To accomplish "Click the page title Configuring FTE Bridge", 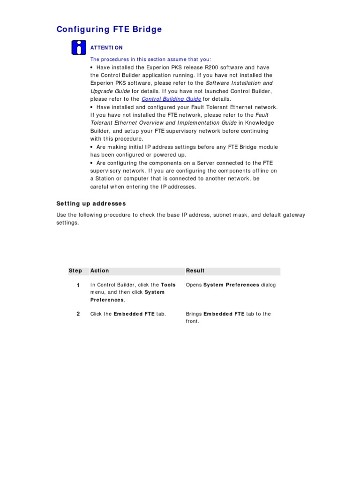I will [x=109, y=30].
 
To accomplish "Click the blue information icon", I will [x=79, y=48].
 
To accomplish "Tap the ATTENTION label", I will [x=106, y=48].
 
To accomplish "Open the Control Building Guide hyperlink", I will [x=171, y=99].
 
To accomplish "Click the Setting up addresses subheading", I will [x=91, y=203].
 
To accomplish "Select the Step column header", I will [x=75, y=271].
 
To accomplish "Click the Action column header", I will [x=99, y=271].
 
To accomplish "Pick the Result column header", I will [x=195, y=271].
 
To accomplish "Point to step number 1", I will [x=78, y=285].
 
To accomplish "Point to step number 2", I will [x=78, y=314].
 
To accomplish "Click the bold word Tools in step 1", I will [x=168, y=285].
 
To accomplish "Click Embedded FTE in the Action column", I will [x=134, y=314].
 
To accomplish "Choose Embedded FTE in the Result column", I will [x=224, y=314].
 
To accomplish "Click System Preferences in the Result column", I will [x=231, y=285].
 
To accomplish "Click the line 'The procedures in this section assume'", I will [x=150, y=60].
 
